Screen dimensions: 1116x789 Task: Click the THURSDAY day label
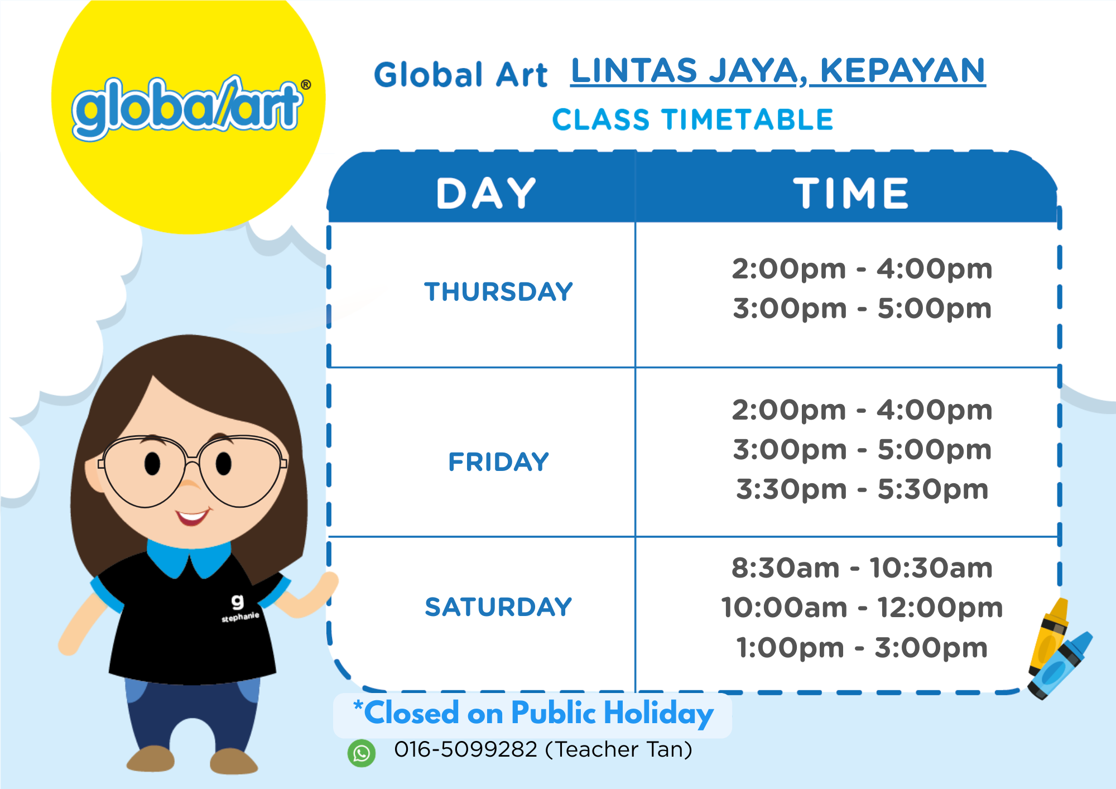click(x=498, y=292)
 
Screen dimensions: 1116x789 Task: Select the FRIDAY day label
click(x=498, y=462)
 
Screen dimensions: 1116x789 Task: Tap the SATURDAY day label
click(x=498, y=607)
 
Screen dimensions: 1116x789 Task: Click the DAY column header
click(x=485, y=194)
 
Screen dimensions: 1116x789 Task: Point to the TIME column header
click(x=851, y=194)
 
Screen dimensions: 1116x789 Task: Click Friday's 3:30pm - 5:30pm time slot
click(x=862, y=489)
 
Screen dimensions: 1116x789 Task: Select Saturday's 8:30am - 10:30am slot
click(x=862, y=568)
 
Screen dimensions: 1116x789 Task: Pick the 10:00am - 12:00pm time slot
click(x=862, y=608)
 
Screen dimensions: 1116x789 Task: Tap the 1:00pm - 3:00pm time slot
click(x=862, y=648)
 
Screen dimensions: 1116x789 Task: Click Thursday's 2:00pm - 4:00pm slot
click(x=862, y=269)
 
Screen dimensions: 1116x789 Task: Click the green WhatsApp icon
click(x=362, y=753)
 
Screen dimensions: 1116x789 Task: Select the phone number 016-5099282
click(x=465, y=749)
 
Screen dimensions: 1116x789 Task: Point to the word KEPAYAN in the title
click(x=902, y=71)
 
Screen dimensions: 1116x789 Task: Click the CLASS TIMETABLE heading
click(x=692, y=120)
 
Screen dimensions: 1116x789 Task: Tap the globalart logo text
click(x=187, y=107)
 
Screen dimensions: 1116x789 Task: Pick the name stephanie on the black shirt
click(x=240, y=617)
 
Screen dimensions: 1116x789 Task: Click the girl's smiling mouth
click(x=193, y=517)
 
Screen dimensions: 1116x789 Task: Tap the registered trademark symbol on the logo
click(x=306, y=85)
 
